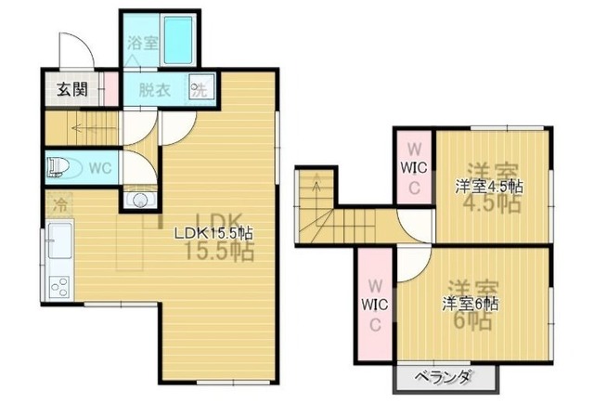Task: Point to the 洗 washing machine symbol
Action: coord(198,90)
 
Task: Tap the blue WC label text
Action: coord(99,168)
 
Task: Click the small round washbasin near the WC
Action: coord(140,199)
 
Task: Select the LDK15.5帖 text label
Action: coord(216,233)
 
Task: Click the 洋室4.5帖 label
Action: coord(488,186)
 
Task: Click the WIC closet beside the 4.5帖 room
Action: coord(413,167)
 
